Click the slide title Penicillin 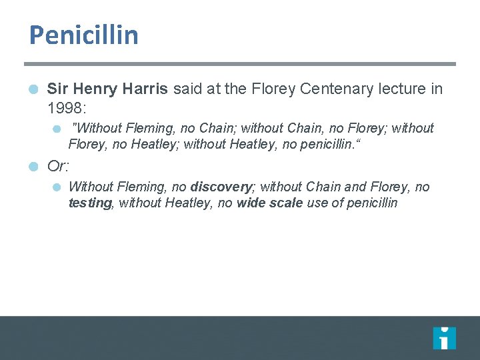[83, 35]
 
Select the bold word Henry [94, 89]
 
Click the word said [188, 89]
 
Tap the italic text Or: [59, 166]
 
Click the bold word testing [90, 203]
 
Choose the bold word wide [252, 203]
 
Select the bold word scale [287, 203]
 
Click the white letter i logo [444, 338]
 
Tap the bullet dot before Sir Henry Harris [33, 89]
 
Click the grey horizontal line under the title [240, 64]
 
